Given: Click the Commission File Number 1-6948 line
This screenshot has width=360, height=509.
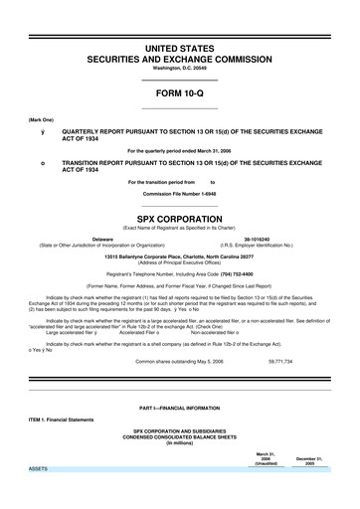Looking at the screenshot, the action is pyautogui.click(x=179, y=194).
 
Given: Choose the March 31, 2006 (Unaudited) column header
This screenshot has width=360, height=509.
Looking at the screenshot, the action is pyautogui.click(x=267, y=457).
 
